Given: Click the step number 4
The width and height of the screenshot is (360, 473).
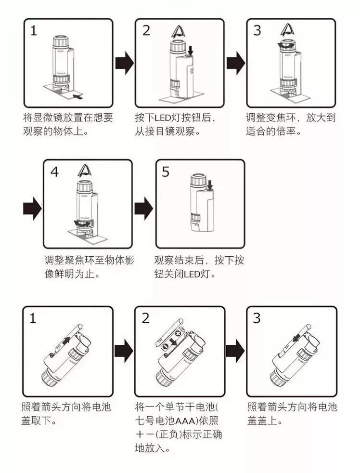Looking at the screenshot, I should tap(54, 171).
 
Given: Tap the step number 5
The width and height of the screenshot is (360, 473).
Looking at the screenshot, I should tap(166, 172).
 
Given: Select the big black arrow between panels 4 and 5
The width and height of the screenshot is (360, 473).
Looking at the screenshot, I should tap(143, 208).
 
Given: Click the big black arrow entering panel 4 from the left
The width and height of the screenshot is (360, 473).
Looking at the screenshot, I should tap(32, 208).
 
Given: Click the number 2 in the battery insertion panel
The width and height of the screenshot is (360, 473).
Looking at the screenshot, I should tap(145, 318).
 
